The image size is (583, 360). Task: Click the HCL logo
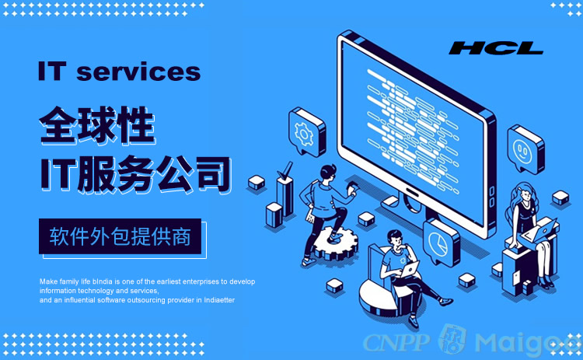coord(496,48)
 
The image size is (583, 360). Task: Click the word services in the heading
coord(138,72)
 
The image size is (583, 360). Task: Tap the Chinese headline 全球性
coord(97,125)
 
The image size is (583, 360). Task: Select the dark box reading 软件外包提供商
coord(120,236)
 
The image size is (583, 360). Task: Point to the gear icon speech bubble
coord(307,131)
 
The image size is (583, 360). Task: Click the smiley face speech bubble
coord(525,149)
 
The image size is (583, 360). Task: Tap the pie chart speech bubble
coord(442,243)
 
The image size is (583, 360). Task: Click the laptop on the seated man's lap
coord(408,269)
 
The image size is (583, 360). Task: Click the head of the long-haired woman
coord(525,194)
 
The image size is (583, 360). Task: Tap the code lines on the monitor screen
coord(413,129)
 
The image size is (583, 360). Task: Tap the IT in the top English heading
coord(52,72)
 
